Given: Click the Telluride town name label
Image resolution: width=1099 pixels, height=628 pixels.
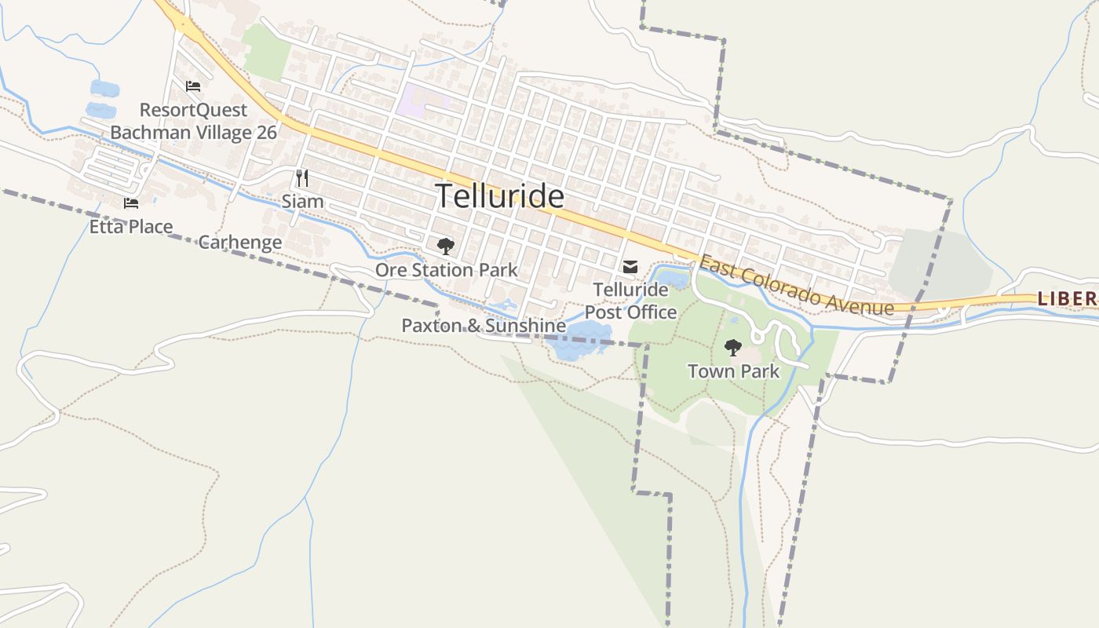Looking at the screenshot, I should [500, 196].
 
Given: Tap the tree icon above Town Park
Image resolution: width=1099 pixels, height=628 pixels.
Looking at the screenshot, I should [733, 347].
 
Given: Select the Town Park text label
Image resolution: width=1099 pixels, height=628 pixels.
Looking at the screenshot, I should [733, 371].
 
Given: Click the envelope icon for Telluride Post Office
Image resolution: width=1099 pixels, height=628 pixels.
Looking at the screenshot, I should [630, 268].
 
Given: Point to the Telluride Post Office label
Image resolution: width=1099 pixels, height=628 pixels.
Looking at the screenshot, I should [630, 301].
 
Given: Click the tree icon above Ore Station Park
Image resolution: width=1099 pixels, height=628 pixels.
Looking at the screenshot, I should [445, 246].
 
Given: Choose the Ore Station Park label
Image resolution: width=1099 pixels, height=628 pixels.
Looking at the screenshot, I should [446, 270].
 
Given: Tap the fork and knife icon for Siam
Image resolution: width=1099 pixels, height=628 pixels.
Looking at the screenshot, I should [302, 178].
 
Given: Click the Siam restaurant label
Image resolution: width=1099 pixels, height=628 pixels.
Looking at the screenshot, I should [302, 202].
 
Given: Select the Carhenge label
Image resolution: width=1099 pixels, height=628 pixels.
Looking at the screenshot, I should [239, 242].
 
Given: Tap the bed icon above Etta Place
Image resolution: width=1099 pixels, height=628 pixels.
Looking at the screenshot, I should [130, 203].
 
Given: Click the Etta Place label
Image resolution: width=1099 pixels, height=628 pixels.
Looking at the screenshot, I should [130, 227].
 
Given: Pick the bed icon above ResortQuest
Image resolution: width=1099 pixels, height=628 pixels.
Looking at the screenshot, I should [193, 86].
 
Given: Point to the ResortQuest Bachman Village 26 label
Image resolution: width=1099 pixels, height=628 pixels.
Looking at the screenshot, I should [193, 121].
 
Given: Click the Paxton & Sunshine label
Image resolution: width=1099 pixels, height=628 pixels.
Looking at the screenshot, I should [484, 326].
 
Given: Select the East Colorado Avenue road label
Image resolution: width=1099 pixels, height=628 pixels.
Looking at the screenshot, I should [796, 286].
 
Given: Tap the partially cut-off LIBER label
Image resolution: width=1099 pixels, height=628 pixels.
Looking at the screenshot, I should [1068, 298].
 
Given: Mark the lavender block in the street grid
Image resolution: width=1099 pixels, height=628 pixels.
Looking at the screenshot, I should [422, 101].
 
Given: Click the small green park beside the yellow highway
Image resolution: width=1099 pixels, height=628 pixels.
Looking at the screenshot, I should [266, 52].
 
